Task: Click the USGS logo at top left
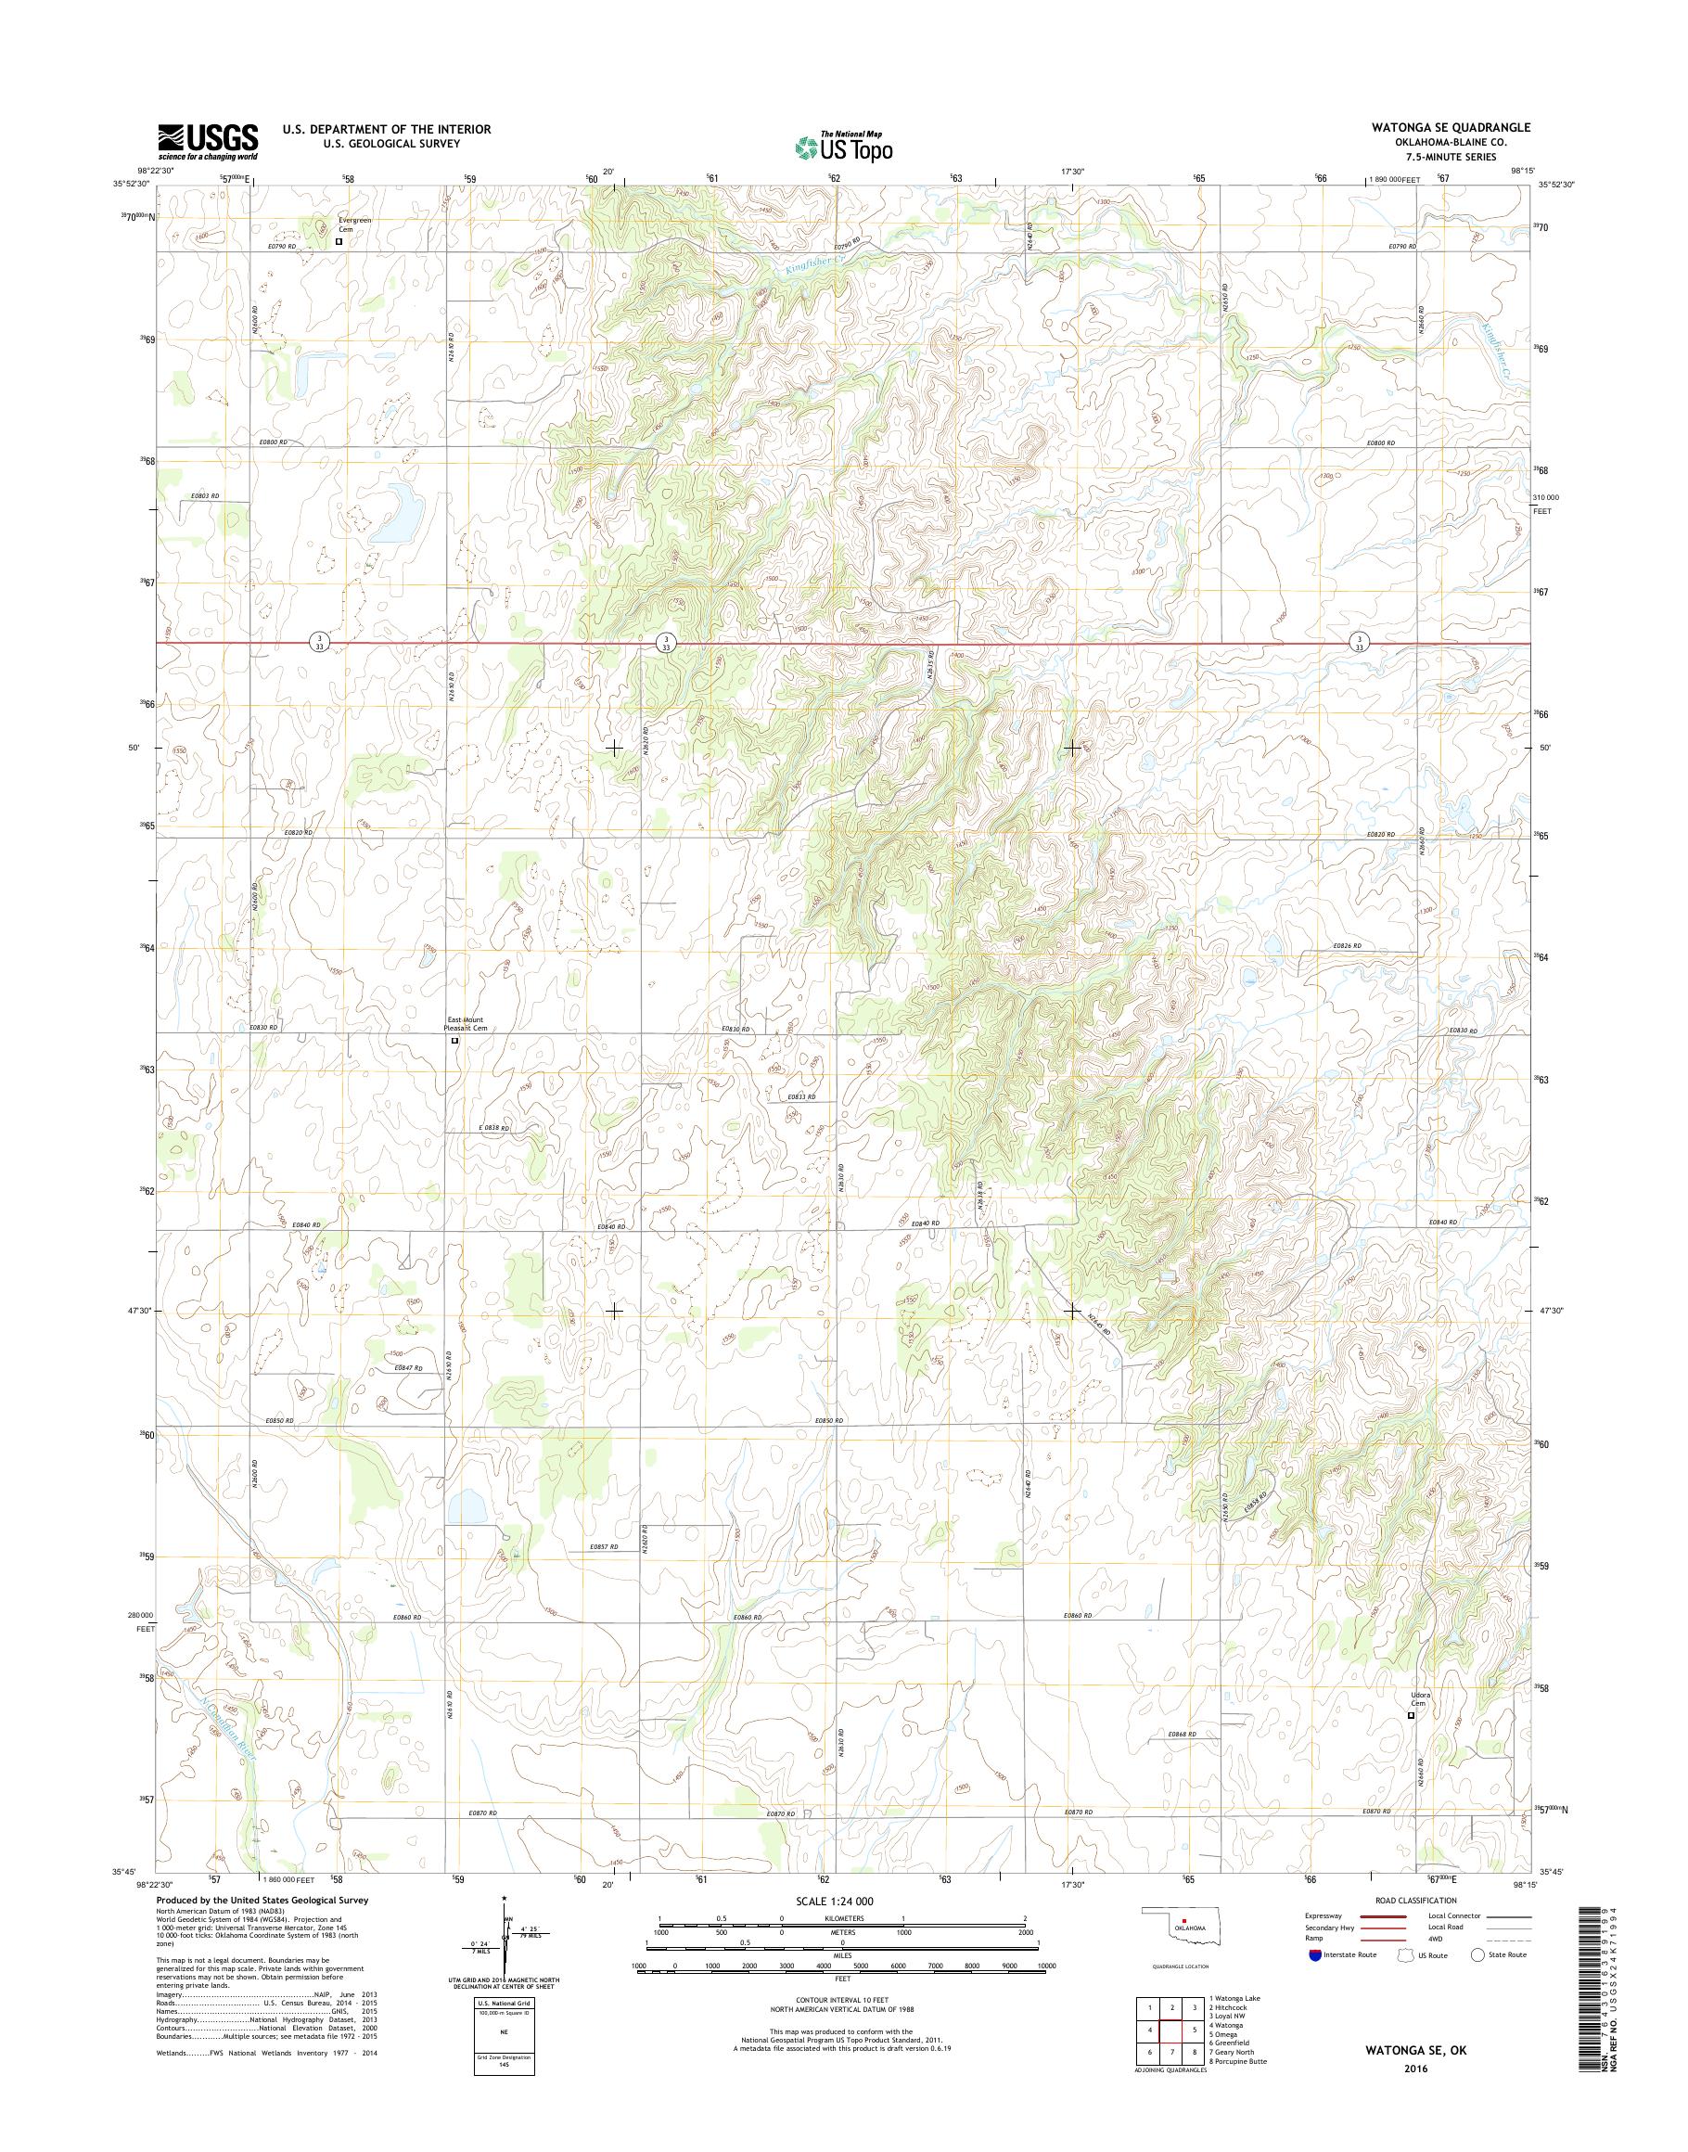(x=209, y=140)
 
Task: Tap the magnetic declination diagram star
(x=504, y=1898)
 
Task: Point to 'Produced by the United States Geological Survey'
(x=262, y=1900)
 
